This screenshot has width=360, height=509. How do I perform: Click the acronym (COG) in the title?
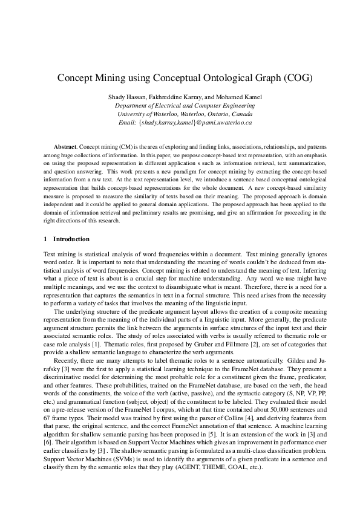click(x=284, y=79)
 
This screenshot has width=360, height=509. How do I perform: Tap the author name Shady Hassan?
click(x=127, y=97)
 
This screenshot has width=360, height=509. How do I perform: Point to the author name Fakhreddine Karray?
click(x=175, y=97)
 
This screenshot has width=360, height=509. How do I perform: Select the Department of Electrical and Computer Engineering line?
click(x=180, y=105)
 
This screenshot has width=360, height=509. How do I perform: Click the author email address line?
click(x=180, y=122)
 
